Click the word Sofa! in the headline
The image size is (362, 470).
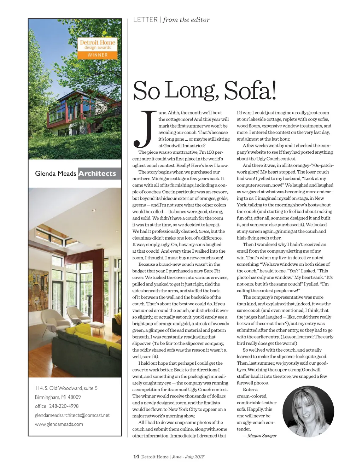[250, 91]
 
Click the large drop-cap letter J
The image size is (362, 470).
[144, 129]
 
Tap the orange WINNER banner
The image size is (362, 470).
[98, 55]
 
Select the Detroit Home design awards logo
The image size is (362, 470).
[98, 45]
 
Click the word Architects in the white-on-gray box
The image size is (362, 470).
[97, 174]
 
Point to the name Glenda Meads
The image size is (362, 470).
[56, 174]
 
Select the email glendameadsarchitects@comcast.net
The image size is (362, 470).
[72, 415]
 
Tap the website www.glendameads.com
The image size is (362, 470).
[59, 424]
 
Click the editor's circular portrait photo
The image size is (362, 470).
[308, 407]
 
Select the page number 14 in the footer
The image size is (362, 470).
[136, 457]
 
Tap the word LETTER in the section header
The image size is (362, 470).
[145, 20]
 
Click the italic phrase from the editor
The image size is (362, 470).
[186, 20]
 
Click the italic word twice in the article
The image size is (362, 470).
[204, 231]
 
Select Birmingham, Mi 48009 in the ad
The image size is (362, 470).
[58, 397]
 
